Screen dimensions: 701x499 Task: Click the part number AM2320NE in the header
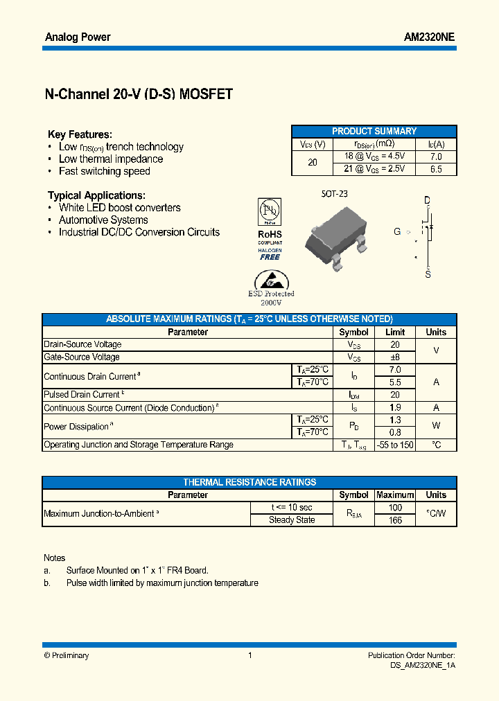click(429, 37)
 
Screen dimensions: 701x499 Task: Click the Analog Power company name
click(78, 37)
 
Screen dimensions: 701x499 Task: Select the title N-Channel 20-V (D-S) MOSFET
click(139, 95)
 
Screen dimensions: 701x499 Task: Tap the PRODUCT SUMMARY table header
click(374, 131)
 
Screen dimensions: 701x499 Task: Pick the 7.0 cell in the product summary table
click(436, 157)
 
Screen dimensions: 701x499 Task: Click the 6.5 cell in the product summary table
click(436, 169)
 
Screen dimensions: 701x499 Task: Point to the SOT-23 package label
click(334, 194)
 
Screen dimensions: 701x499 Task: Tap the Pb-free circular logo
click(270, 211)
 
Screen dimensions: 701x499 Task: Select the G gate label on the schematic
click(397, 231)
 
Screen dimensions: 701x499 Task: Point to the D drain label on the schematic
click(428, 200)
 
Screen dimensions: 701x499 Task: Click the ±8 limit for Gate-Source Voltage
click(395, 357)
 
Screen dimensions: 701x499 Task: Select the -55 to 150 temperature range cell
click(395, 445)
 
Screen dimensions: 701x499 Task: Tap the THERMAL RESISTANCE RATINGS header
click(249, 482)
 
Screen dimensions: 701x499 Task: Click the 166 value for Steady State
click(395, 520)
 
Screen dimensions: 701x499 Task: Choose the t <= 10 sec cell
click(292, 508)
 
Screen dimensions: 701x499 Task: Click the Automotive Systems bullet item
click(103, 220)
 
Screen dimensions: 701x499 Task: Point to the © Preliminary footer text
click(67, 655)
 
